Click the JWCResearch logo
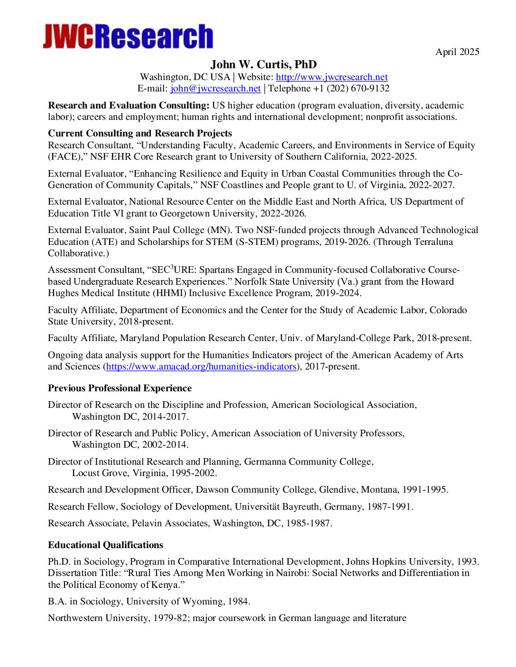pyautogui.click(x=128, y=36)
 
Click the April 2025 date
pyautogui.click(x=457, y=52)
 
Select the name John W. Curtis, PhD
pyautogui.click(x=263, y=64)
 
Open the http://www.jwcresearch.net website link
pyautogui.click(x=332, y=77)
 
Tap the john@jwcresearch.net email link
pyautogui.click(x=215, y=88)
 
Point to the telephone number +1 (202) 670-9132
pyautogui.click(x=351, y=88)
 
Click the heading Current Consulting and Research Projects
pyautogui.click(x=140, y=133)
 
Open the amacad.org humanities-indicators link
pyautogui.click(x=201, y=366)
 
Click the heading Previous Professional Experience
pyautogui.click(x=120, y=388)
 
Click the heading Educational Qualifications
pyautogui.click(x=105, y=545)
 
